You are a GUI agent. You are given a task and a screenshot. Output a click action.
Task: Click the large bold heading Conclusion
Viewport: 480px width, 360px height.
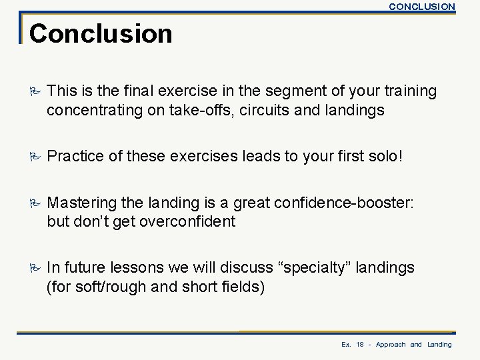tap(101, 33)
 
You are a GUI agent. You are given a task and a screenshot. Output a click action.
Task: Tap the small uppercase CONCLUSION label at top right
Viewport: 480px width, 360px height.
tap(421, 7)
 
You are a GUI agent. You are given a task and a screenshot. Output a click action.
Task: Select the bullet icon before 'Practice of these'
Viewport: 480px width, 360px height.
tap(35, 157)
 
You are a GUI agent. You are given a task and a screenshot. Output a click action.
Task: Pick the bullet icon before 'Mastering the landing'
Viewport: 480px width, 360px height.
tap(35, 202)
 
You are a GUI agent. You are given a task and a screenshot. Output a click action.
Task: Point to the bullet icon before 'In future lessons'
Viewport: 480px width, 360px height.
tap(35, 268)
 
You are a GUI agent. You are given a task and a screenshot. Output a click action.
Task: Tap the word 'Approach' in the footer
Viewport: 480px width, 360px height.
tap(390, 345)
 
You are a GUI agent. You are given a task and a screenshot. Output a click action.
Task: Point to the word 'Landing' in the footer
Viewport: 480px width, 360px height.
tap(439, 345)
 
